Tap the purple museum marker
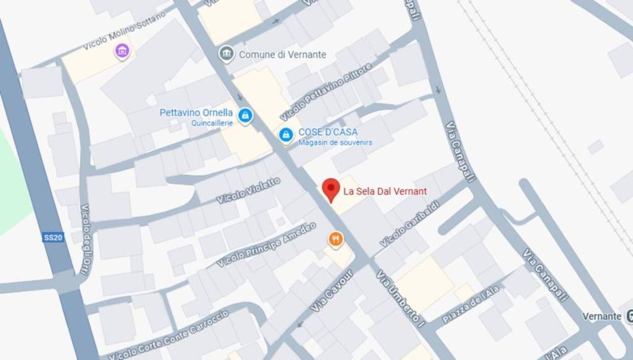[x=122, y=51]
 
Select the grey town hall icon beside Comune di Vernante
[x=227, y=54]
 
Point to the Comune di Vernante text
[x=282, y=54]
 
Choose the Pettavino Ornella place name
[x=196, y=113]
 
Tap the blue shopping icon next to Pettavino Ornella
[x=245, y=115]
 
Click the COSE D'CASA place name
[x=328, y=132]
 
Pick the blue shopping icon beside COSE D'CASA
[x=286, y=135]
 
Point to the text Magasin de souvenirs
[x=335, y=143]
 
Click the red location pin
[x=331, y=189]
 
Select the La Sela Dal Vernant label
[x=385, y=191]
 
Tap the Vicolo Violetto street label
[x=248, y=190]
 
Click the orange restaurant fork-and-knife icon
[x=335, y=239]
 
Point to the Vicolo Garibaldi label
[x=409, y=224]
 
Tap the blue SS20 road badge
[x=53, y=237]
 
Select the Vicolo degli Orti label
[x=85, y=239]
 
